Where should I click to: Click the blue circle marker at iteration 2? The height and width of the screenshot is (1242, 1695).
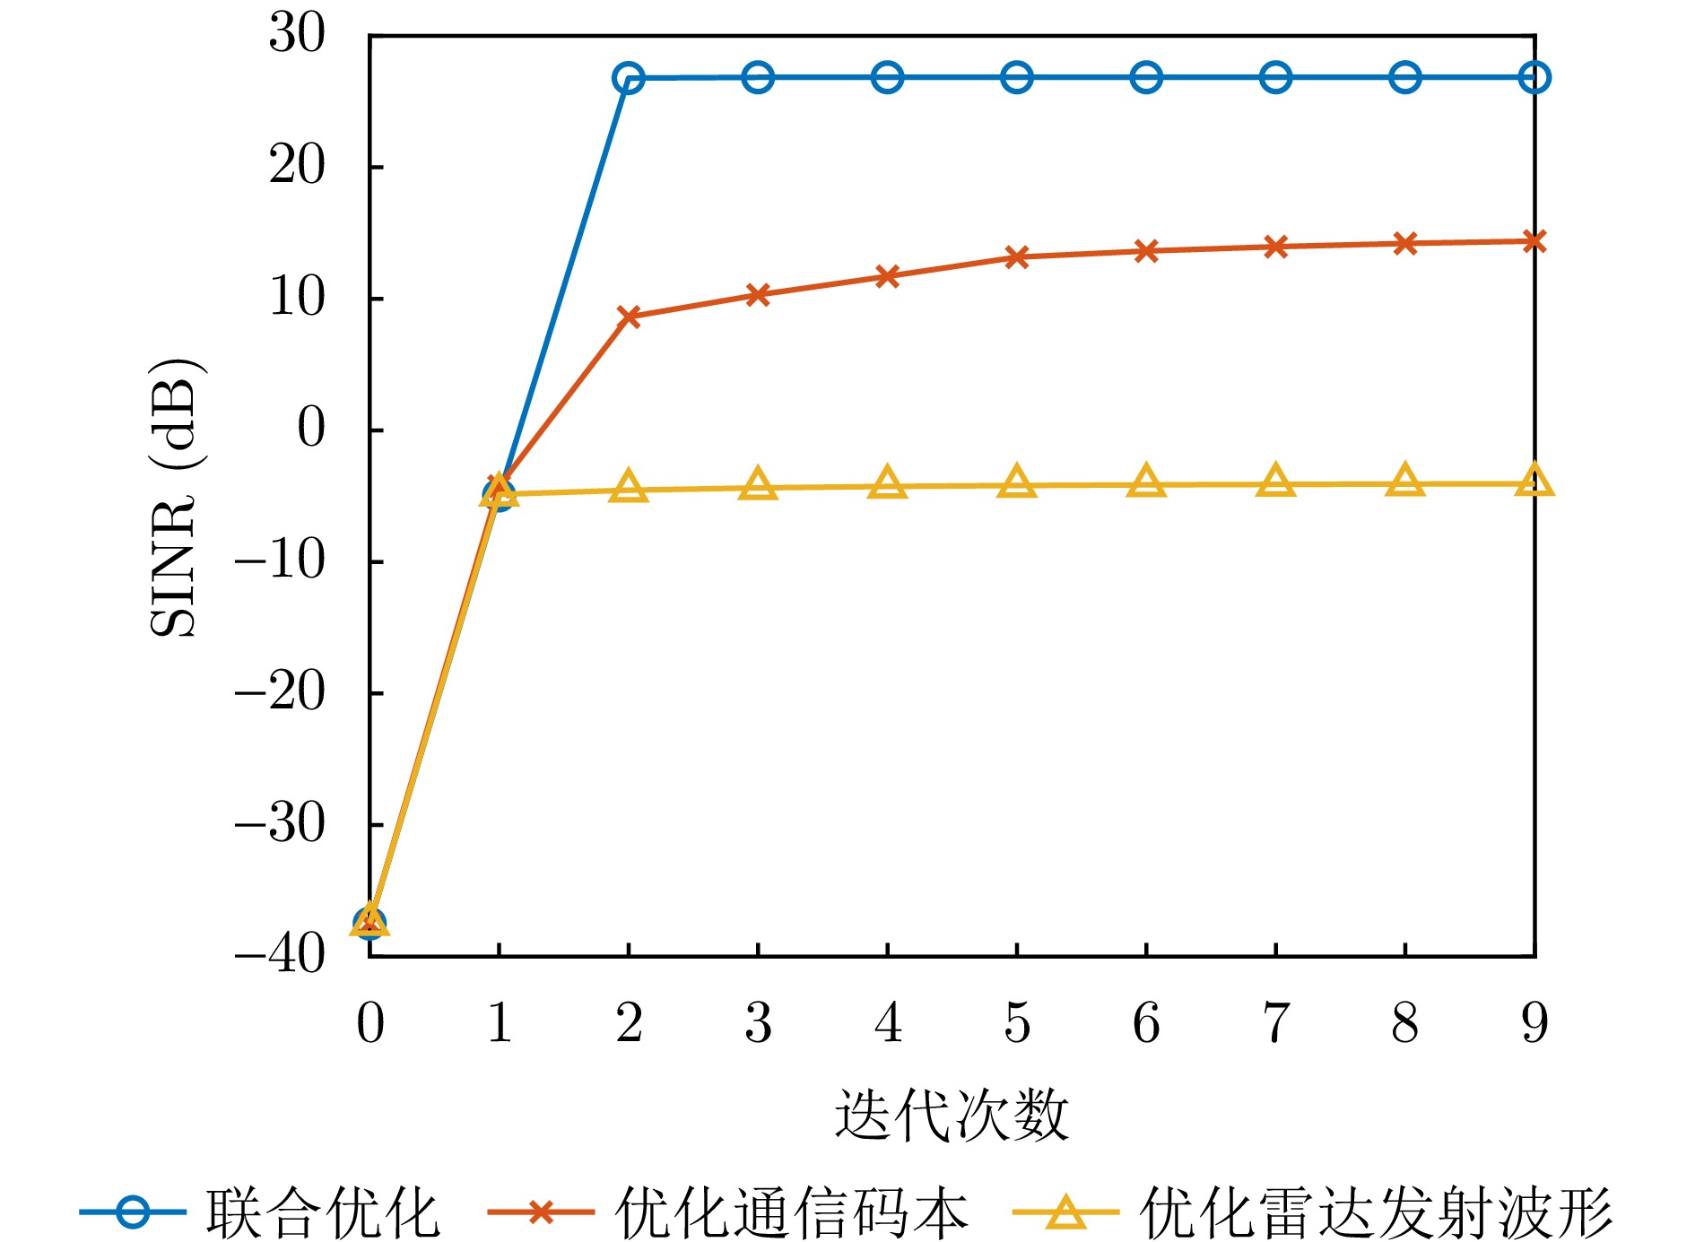pos(629,79)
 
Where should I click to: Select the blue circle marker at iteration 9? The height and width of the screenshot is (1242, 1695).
pos(1534,78)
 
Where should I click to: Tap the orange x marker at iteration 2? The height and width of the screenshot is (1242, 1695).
pos(629,317)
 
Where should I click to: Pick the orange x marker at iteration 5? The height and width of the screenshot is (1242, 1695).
pos(1017,257)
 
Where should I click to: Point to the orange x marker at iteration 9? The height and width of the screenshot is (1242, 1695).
pos(1534,241)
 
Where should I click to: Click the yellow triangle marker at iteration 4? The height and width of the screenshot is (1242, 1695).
pos(888,484)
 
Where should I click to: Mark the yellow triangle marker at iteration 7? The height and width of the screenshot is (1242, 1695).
pos(1276,482)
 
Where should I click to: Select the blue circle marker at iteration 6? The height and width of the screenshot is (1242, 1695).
pos(1146,78)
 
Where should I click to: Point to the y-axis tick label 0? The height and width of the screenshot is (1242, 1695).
pos(311,428)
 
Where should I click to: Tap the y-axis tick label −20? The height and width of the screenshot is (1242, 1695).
pos(280,691)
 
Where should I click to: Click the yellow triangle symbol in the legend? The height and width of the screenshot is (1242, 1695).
pos(1066,1212)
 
